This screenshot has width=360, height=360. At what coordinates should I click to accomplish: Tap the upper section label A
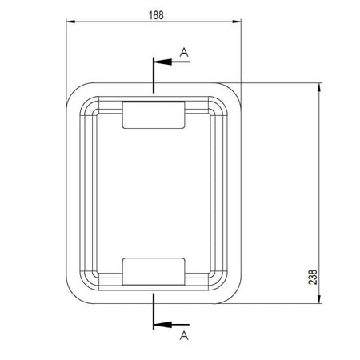pyautogui.click(x=184, y=52)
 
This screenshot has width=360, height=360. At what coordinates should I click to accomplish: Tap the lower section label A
pyautogui.click(x=184, y=334)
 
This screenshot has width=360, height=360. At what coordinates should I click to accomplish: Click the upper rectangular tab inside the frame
pyautogui.click(x=154, y=114)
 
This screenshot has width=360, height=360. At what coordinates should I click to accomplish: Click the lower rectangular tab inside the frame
pyautogui.click(x=154, y=270)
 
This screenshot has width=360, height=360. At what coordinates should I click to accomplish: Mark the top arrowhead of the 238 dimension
pyautogui.click(x=321, y=87)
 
